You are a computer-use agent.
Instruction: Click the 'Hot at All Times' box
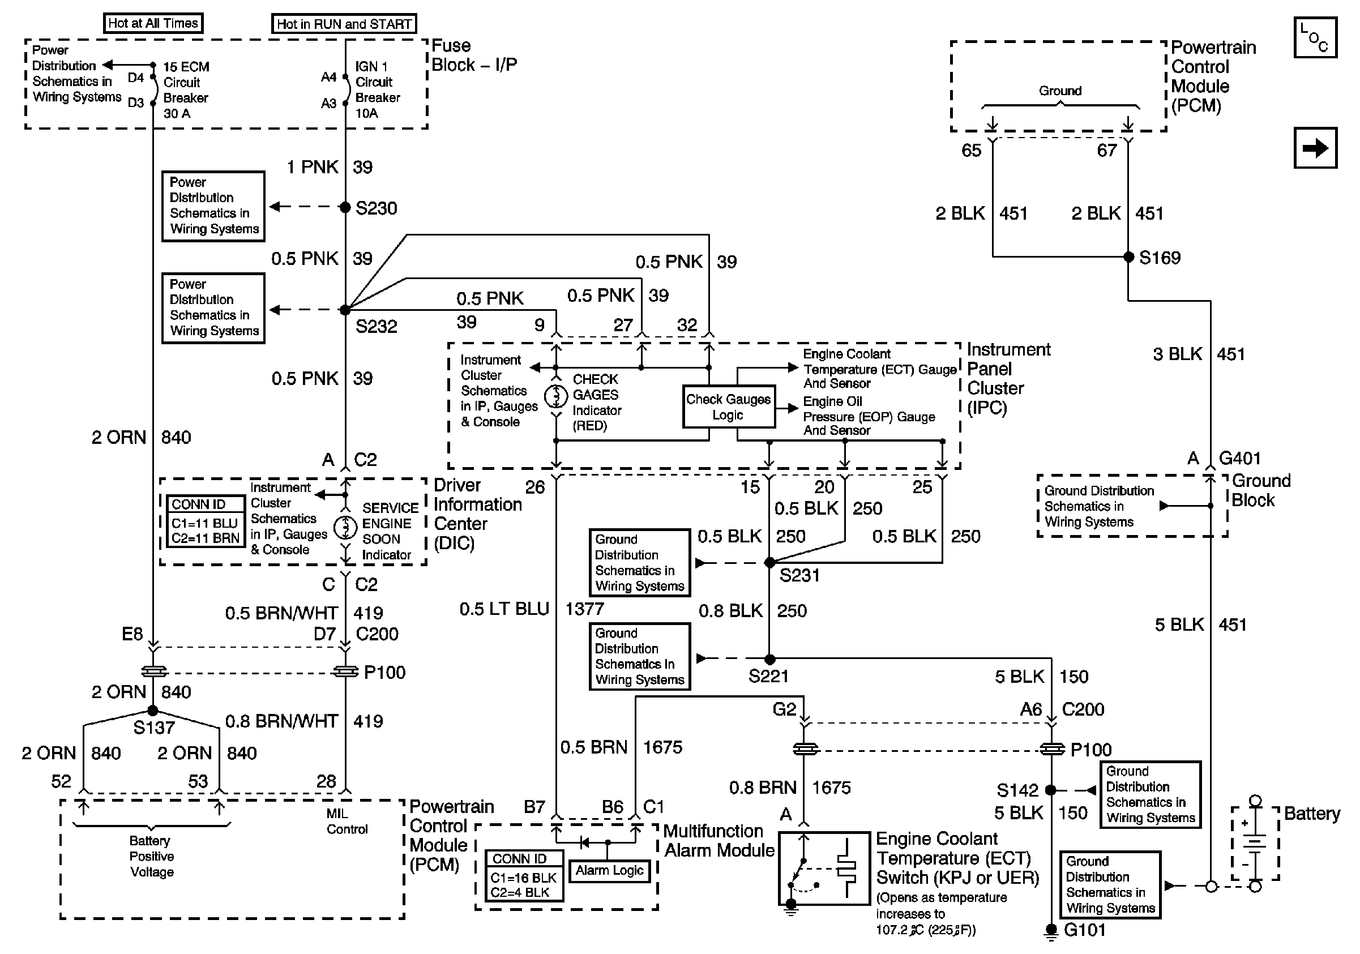[x=153, y=23]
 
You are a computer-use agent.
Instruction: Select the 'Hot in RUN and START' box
[x=344, y=24]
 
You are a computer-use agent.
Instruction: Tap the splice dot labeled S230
[x=345, y=207]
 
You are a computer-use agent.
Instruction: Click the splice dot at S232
[x=345, y=309]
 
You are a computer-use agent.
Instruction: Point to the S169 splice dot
[x=1128, y=256]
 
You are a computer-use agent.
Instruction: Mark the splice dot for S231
[x=769, y=562]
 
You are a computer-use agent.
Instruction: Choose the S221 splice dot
[x=769, y=658]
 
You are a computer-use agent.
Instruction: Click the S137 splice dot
[x=153, y=710]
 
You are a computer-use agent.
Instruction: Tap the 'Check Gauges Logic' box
[x=729, y=407]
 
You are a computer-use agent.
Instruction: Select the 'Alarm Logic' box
[x=609, y=870]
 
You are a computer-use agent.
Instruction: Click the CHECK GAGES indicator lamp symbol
[x=555, y=396]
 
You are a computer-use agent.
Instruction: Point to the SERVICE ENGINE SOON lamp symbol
[x=345, y=527]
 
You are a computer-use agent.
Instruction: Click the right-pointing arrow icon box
[x=1315, y=147]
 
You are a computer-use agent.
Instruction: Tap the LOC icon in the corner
[x=1315, y=37]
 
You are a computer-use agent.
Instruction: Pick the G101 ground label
[x=1085, y=930]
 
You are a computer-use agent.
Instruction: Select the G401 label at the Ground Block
[x=1240, y=458]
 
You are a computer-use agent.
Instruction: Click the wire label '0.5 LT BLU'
[x=504, y=609]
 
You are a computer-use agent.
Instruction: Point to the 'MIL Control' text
[x=347, y=822]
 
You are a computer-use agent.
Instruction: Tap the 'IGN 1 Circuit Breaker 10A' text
[x=377, y=89]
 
